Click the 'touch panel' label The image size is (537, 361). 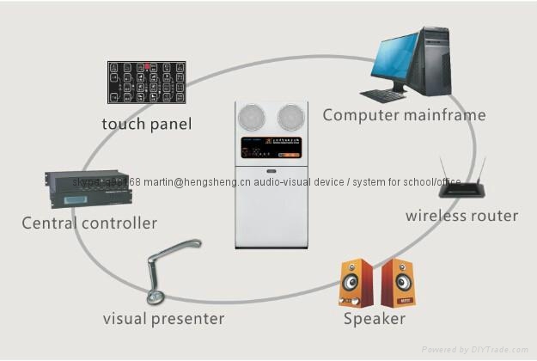tap(147, 125)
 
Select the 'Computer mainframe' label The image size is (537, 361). tap(404, 114)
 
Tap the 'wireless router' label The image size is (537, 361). tap(461, 215)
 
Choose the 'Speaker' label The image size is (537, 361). tap(374, 320)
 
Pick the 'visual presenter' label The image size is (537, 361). tap(163, 319)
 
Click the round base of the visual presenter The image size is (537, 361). tap(156, 297)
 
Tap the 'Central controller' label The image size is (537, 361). tap(89, 223)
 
